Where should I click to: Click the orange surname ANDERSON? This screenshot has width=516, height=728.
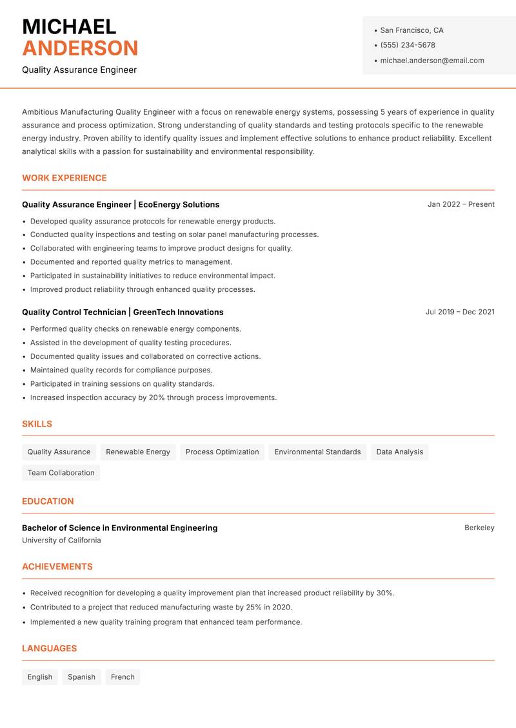(80, 48)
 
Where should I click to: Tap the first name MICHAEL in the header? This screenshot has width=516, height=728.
(69, 26)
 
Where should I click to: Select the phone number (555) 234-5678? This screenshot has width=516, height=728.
(407, 45)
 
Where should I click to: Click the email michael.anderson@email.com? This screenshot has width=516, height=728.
(432, 61)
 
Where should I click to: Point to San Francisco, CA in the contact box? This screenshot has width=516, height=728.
(412, 30)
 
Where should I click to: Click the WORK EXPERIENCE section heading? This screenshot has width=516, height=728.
(64, 178)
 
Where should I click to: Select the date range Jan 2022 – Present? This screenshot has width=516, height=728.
(461, 204)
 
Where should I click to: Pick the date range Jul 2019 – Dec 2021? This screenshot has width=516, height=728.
(460, 312)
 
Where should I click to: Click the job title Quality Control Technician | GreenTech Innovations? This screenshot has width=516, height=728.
(123, 312)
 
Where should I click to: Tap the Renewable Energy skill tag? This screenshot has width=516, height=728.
(138, 452)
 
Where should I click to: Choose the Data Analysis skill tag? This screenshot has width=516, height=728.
(399, 452)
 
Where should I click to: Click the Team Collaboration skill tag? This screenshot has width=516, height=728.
(61, 472)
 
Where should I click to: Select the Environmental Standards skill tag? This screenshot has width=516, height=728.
(317, 452)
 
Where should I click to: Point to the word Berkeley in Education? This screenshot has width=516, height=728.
(479, 528)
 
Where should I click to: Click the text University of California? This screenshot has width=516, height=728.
(61, 541)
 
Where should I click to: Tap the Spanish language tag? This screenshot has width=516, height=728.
(81, 676)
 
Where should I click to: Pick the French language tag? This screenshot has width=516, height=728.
(123, 676)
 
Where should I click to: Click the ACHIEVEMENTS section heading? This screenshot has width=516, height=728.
(57, 566)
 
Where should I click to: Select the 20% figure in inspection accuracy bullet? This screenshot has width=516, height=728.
(157, 398)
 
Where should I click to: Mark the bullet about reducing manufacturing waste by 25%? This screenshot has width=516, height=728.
(161, 608)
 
